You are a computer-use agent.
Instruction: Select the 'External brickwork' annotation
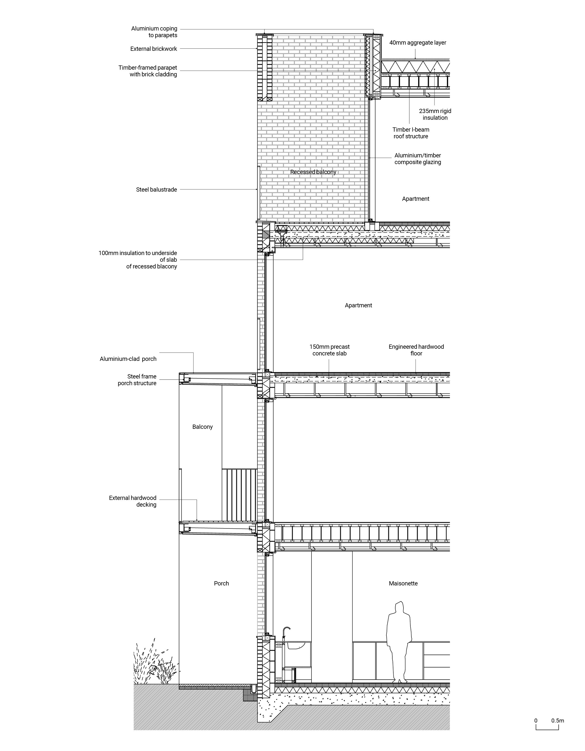tap(154, 49)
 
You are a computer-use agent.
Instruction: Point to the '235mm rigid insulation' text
tap(435, 115)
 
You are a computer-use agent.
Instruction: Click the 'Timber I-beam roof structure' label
tap(411, 133)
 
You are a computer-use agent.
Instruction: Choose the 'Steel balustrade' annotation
tap(156, 189)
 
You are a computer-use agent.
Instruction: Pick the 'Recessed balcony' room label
tap(313, 172)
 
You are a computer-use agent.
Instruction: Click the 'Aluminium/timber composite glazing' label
tap(417, 159)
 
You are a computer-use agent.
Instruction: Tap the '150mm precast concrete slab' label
tap(329, 350)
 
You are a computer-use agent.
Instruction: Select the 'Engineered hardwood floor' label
tap(416, 350)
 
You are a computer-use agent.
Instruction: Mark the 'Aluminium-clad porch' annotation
tap(128, 359)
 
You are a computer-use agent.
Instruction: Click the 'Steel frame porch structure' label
tap(137, 380)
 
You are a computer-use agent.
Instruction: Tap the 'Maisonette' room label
tap(403, 583)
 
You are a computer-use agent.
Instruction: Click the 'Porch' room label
tap(221, 583)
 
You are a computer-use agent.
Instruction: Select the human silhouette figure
tap(399, 643)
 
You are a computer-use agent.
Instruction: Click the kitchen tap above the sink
tap(286, 631)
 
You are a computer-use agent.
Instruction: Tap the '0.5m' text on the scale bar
tap(557, 721)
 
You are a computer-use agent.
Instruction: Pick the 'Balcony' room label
tap(202, 427)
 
